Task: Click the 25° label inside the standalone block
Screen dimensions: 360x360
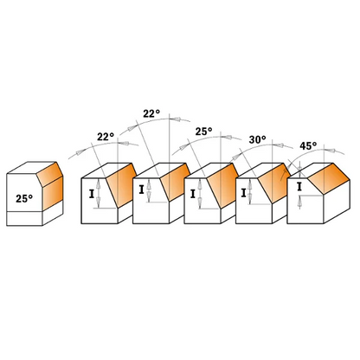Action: pyautogui.click(x=24, y=198)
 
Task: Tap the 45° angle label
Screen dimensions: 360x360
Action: pyautogui.click(x=308, y=146)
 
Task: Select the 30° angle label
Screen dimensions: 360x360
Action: pyautogui.click(x=257, y=140)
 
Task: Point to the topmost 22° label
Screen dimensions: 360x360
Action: pyautogui.click(x=151, y=113)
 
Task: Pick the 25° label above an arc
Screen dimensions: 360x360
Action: pyautogui.click(x=203, y=132)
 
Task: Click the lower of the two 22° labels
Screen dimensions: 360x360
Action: pyautogui.click(x=106, y=137)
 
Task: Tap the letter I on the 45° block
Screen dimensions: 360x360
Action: pyautogui.click(x=299, y=187)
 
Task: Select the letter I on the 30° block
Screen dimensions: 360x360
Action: pyautogui.click(x=243, y=193)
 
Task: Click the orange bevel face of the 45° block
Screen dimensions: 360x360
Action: pyautogui.click(x=329, y=178)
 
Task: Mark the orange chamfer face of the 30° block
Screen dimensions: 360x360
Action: pyautogui.click(x=274, y=183)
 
